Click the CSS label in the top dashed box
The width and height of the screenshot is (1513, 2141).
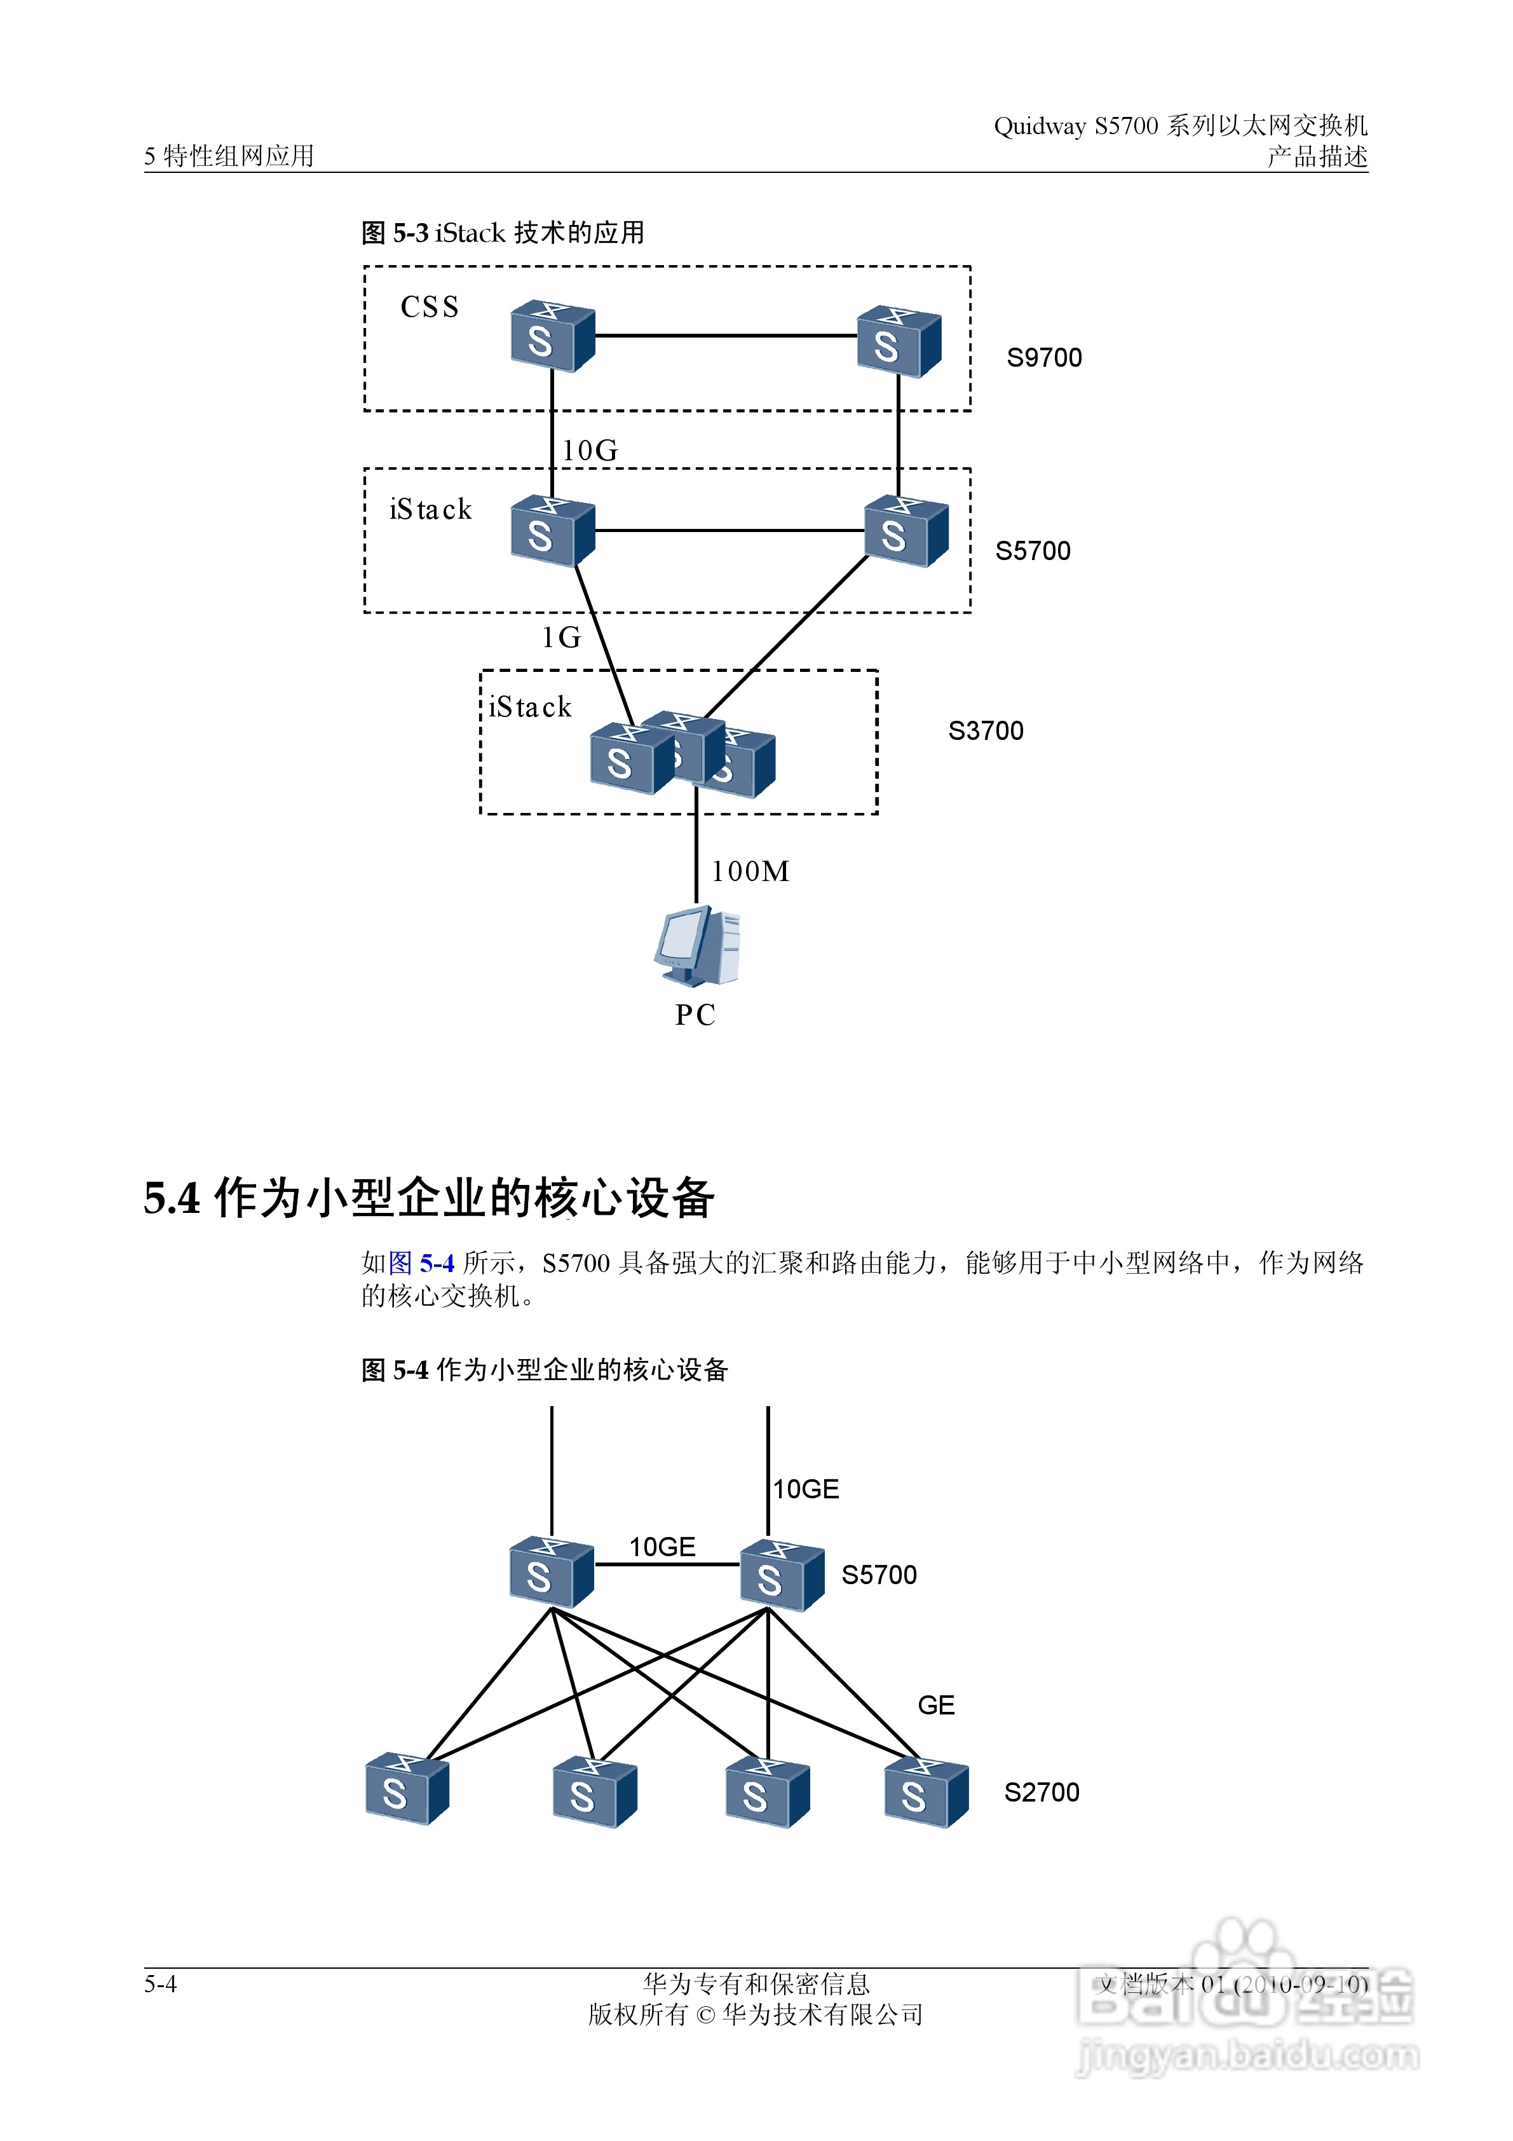[x=429, y=307]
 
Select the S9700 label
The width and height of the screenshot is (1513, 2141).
[x=1043, y=358]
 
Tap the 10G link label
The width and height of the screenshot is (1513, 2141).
[x=589, y=451]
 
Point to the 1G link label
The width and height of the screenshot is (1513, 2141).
[x=561, y=638]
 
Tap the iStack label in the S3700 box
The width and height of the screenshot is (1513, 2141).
[x=529, y=708]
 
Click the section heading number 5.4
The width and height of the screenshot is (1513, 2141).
[x=172, y=1198]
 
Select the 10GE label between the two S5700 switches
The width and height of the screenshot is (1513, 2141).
[x=662, y=1548]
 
